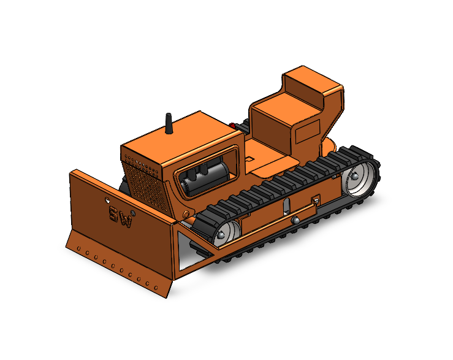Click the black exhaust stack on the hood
tap(169, 123)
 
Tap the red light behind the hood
tap(232, 126)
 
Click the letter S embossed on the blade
tap(114, 213)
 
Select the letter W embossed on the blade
tap(126, 221)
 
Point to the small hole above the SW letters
tap(107, 199)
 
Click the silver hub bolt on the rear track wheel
tap(354, 175)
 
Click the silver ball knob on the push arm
tap(295, 220)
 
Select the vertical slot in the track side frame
tap(286, 207)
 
